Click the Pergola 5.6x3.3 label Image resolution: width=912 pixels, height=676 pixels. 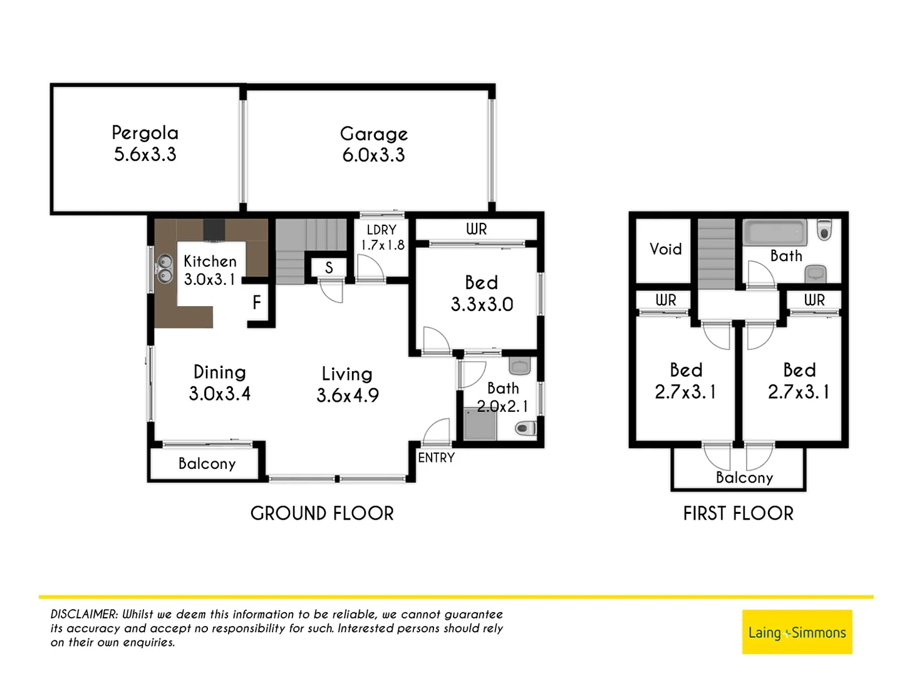coord(145,143)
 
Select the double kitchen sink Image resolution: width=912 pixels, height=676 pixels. coord(165,269)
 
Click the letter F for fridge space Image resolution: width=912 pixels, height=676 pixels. coord(256,303)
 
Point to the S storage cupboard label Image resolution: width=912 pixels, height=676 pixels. coord(329,269)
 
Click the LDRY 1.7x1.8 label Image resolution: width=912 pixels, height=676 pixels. coord(381,237)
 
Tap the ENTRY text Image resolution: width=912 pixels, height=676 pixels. coord(436,458)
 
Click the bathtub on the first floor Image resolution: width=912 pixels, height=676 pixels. coord(774,233)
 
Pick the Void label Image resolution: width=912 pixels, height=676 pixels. coord(665,249)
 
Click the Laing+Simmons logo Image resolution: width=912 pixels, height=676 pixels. coord(797,632)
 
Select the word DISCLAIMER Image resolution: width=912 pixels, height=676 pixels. coord(83,614)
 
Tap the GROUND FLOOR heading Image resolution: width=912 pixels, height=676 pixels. coord(322,513)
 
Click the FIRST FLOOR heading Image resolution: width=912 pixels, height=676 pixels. coord(738,513)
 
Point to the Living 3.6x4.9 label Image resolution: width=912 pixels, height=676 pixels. coord(347,384)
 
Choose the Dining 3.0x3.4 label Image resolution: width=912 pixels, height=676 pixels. coord(219,382)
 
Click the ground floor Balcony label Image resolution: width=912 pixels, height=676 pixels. coord(207,464)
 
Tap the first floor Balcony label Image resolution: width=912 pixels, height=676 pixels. coord(744,478)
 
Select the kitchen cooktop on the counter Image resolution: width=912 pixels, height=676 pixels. coord(214,230)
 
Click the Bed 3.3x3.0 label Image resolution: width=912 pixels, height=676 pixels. coord(482,293)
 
